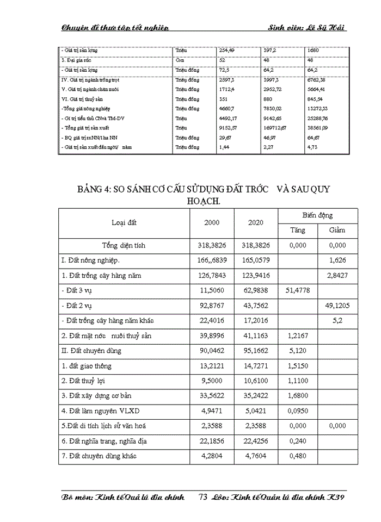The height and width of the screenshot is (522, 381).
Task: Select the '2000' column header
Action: pos(212,222)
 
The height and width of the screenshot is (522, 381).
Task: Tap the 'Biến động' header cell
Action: pos(317,215)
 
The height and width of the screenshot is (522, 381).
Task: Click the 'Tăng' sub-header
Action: pos(298,230)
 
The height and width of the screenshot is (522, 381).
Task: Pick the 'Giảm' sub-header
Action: pos(337,230)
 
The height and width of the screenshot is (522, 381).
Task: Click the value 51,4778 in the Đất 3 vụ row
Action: pos(298,290)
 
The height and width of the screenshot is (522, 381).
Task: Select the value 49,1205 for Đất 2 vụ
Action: pos(337,306)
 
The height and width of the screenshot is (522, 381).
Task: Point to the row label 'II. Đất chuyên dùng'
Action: pos(91,351)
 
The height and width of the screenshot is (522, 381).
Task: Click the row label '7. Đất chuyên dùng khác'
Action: pos(98,456)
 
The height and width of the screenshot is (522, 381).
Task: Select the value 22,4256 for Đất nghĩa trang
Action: pos(256,441)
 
